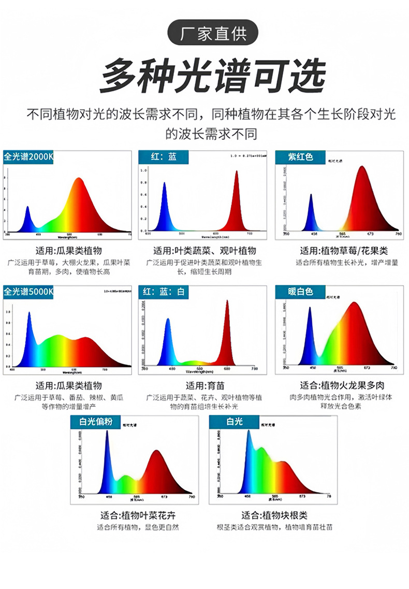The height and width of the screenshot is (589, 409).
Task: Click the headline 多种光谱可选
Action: pos(213,76)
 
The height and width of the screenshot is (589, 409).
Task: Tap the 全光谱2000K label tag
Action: pos(28,156)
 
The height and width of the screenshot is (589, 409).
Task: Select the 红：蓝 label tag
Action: pos(164,156)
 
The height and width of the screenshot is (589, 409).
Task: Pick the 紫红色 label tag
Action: pos(301,156)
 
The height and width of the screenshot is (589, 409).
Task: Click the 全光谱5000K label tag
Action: pos(28,292)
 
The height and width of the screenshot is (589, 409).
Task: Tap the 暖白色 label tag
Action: pos(301,292)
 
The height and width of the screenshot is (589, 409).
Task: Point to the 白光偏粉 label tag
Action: pos(95,421)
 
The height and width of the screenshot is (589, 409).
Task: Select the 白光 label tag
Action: pos(234,422)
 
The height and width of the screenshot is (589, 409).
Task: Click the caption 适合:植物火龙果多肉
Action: pos(342,385)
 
